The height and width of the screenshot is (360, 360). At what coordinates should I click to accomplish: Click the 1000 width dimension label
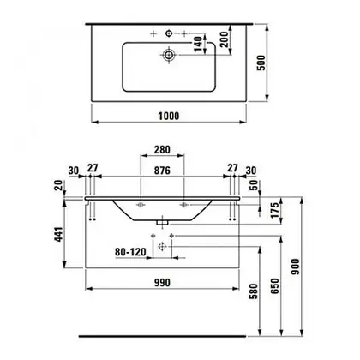pyautogui.click(x=169, y=116)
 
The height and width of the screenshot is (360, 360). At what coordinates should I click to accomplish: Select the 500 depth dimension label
pyautogui.click(x=261, y=63)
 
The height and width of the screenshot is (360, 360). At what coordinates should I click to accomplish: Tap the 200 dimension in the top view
pyautogui.click(x=225, y=39)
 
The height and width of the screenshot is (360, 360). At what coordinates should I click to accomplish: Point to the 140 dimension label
pyautogui.click(x=198, y=44)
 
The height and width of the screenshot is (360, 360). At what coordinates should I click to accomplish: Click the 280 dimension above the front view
pyautogui.click(x=162, y=149)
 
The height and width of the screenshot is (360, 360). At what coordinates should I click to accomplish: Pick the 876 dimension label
pyautogui.click(x=162, y=171)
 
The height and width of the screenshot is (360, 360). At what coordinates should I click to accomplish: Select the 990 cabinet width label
pyautogui.click(x=162, y=283)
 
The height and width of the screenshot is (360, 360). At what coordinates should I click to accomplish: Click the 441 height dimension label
pyautogui.click(x=58, y=234)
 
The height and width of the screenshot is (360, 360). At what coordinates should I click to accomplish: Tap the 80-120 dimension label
pyautogui.click(x=130, y=252)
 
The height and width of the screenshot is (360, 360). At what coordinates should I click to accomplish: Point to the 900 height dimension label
pyautogui.click(x=296, y=267)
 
